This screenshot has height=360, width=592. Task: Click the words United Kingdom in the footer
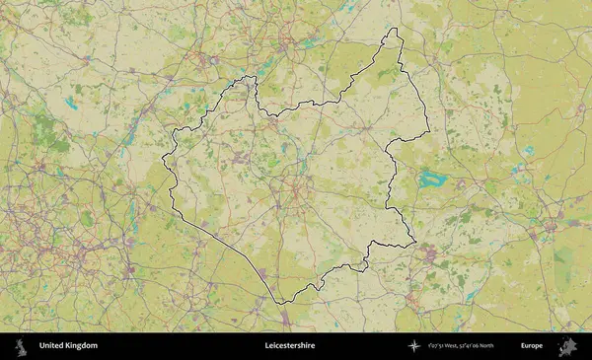coord(68,346)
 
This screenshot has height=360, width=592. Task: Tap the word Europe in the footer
coord(532,346)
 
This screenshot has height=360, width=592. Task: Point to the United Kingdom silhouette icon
coord(21,346)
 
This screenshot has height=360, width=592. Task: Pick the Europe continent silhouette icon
coord(567,346)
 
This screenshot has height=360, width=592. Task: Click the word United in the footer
coord(50,346)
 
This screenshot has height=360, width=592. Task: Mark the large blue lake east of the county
coord(432,180)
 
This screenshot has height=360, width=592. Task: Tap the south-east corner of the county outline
coord(414,242)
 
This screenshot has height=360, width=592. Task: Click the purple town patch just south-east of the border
coord(428,254)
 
